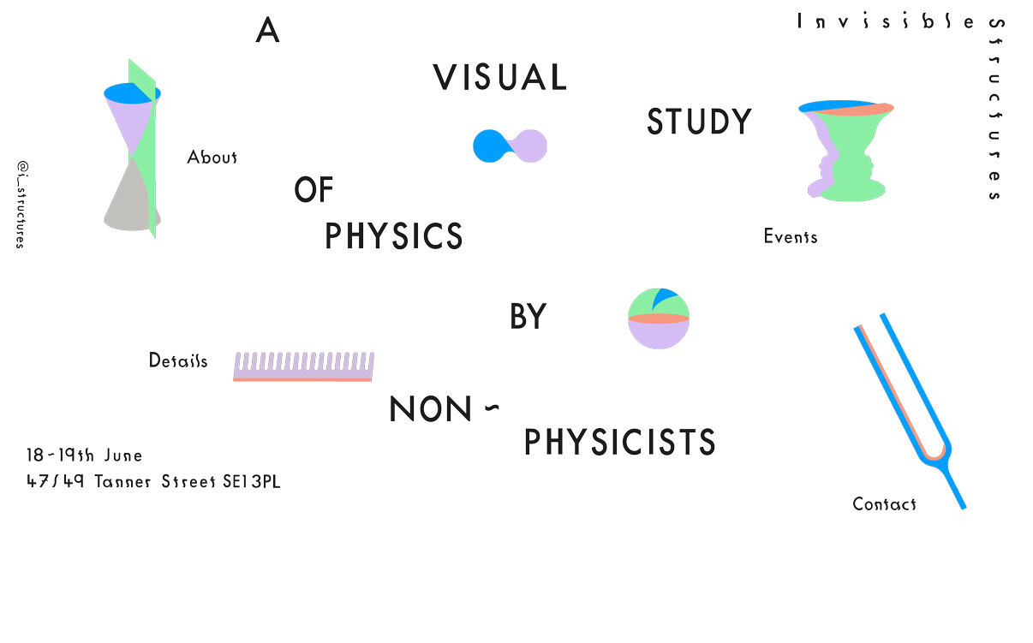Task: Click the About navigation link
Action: point(212,158)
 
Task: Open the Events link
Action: point(790,237)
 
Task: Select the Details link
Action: point(178,360)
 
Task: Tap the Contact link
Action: point(884,504)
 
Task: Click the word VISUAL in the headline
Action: point(499,78)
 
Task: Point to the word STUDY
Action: point(699,122)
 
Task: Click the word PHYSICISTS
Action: point(619,443)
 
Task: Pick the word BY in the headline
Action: point(528,318)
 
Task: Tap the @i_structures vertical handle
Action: point(21,204)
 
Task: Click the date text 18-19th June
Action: point(84,455)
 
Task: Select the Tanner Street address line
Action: point(153,482)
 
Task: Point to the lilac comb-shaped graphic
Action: point(303,366)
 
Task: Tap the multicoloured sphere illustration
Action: point(658,319)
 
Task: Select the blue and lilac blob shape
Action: point(510,146)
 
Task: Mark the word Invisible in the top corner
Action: point(886,21)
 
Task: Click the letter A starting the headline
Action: point(268,32)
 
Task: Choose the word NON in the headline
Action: point(431,410)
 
